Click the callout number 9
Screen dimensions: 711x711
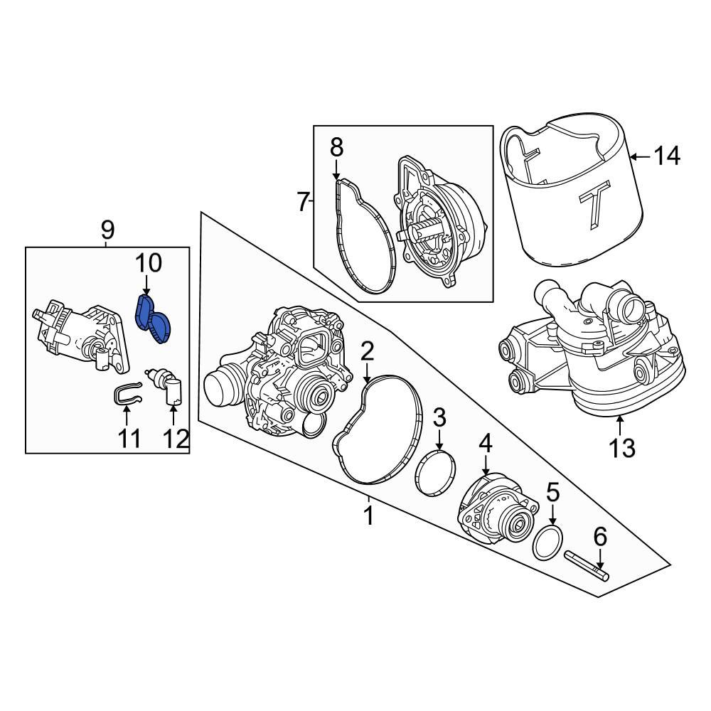tap(107, 230)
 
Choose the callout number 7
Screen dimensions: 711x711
tap(304, 203)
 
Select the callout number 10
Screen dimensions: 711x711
tap(149, 264)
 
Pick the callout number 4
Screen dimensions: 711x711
tap(485, 444)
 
